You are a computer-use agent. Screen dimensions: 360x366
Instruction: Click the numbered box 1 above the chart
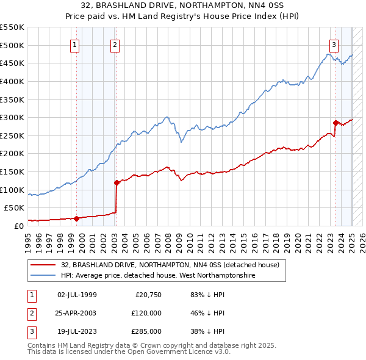click(74, 44)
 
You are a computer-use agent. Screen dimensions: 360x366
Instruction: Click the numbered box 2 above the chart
click(115, 44)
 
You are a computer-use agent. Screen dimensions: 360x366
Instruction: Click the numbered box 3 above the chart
click(334, 44)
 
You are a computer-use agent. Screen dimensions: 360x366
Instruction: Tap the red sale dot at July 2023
click(335, 123)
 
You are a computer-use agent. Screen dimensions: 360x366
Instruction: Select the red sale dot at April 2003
click(117, 182)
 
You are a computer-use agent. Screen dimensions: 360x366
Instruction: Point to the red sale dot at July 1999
click(76, 218)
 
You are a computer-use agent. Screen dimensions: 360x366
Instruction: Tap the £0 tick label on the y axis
click(18, 226)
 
